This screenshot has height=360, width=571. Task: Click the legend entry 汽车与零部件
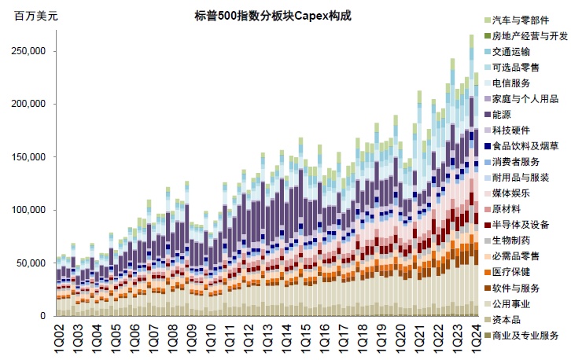click(x=521, y=20)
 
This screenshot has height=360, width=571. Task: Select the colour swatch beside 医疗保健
click(x=488, y=272)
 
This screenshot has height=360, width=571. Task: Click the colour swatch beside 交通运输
click(x=488, y=52)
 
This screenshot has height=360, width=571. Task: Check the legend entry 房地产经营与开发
click(x=529, y=35)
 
